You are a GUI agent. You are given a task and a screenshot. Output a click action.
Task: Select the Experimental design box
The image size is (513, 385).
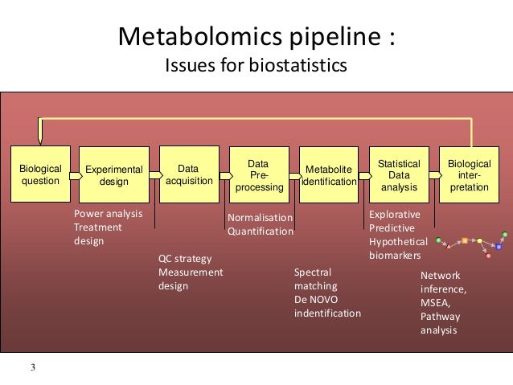tap(113, 175)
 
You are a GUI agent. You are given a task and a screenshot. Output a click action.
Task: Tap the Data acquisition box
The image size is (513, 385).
tap(188, 174)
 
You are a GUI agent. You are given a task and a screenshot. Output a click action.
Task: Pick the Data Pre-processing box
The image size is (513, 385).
tap(258, 175)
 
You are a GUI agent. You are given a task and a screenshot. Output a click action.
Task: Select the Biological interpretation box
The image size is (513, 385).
tap(469, 174)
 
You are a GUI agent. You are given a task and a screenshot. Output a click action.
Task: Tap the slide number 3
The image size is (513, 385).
tap(33, 368)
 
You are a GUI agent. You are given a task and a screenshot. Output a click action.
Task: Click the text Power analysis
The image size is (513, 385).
tap(108, 214)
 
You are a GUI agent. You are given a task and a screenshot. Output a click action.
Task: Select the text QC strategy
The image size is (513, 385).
tap(185, 258)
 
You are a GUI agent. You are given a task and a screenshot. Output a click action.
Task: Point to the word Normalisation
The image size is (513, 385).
tap(261, 217)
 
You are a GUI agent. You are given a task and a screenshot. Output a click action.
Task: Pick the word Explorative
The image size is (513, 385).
tap(394, 214)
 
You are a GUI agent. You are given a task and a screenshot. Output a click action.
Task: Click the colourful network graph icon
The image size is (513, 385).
tap(473, 245)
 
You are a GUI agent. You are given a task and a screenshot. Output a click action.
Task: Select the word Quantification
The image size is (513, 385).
tap(261, 231)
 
